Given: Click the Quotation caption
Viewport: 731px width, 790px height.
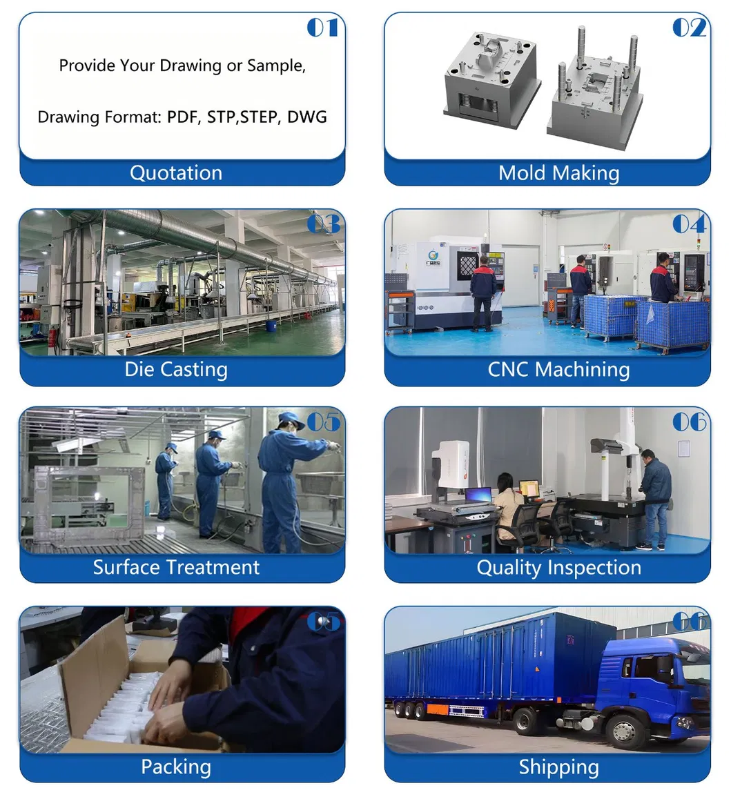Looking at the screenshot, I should tap(176, 172).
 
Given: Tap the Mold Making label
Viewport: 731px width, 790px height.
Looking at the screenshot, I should tap(558, 172).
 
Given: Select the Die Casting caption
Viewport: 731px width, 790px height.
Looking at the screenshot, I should tap(176, 369).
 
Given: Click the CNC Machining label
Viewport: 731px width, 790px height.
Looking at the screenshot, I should tap(558, 369).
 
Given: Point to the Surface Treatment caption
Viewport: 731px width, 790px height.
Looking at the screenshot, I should tap(176, 567).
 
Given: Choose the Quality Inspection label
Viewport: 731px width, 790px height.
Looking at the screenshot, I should tap(558, 567).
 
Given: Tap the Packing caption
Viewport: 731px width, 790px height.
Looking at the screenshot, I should tap(176, 767).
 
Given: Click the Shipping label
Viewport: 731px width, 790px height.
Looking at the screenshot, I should tap(558, 767).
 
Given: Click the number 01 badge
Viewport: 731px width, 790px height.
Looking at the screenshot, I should tap(322, 28).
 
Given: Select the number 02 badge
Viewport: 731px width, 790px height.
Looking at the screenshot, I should tap(689, 28).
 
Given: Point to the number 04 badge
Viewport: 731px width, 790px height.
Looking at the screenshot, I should tap(689, 224).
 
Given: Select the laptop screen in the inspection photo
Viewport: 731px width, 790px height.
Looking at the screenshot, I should tap(478, 495).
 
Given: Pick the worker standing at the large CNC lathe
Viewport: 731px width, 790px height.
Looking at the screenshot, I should tap(483, 292).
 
